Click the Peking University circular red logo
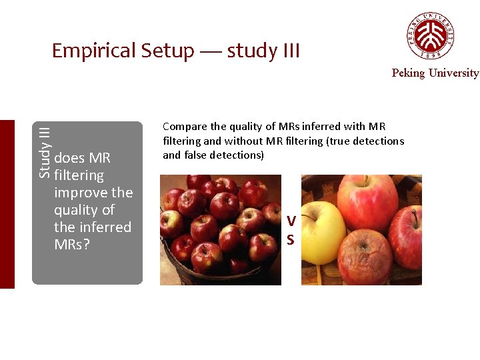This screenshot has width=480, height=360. (431, 35)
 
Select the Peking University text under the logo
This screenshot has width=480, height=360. (435, 73)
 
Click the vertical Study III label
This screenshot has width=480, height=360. (44, 151)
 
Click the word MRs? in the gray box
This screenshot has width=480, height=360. (72, 245)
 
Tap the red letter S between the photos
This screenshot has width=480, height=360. (290, 239)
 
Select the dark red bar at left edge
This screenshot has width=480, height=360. (7, 204)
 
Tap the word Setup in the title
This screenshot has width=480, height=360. (167, 51)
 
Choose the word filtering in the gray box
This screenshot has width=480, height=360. (79, 175)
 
